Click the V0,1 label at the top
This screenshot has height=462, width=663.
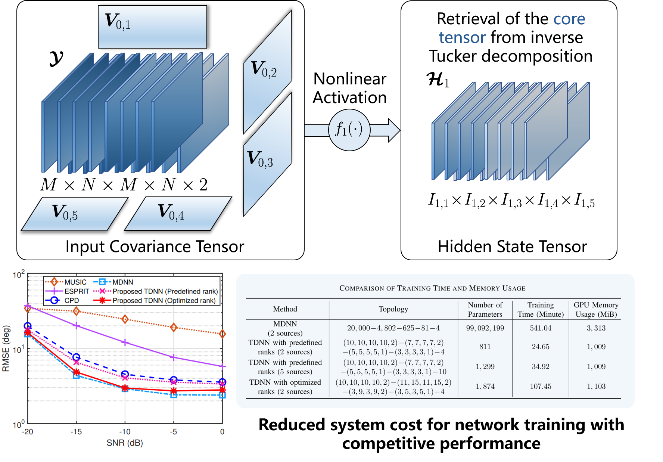[x=118, y=22]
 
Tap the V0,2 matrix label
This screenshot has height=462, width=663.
[x=264, y=69]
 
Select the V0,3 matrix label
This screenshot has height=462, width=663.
[x=260, y=159]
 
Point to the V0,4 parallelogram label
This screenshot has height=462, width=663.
[x=171, y=213]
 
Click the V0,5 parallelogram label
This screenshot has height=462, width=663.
[x=65, y=213]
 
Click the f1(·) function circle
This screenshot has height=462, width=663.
[x=349, y=130]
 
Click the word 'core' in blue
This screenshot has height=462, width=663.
[x=569, y=19]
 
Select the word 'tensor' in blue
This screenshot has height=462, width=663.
[x=462, y=38]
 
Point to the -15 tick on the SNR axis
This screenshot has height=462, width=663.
[x=76, y=432]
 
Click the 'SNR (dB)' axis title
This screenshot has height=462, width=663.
[x=125, y=443]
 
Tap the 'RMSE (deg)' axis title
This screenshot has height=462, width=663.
[x=6, y=349]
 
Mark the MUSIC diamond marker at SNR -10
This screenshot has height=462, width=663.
[x=125, y=319]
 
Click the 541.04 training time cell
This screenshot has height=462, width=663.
[x=540, y=328]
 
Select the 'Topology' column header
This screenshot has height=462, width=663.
[x=393, y=309]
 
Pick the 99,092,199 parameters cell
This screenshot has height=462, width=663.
[x=485, y=328]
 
